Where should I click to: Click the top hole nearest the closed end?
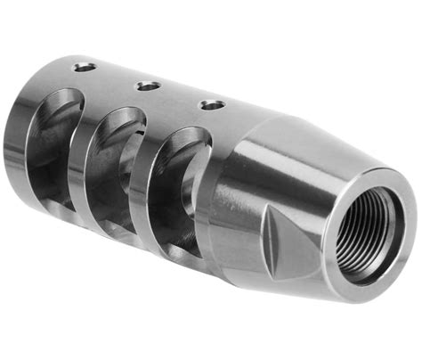click(85, 67)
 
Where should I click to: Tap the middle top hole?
click(148, 86)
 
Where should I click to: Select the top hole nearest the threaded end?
click(212, 105)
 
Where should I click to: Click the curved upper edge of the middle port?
click(125, 114)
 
